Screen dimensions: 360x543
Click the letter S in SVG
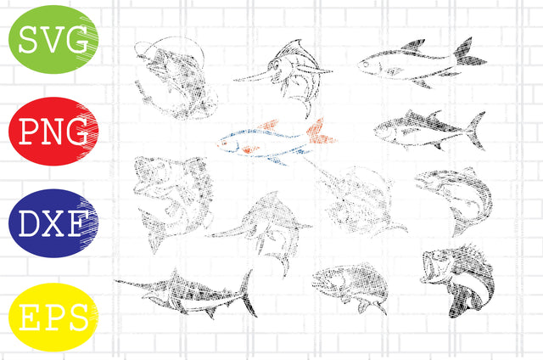pos(28,39)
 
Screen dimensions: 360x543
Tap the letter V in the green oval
pos(53,39)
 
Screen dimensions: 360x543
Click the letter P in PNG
pos(27,132)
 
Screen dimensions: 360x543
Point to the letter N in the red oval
pos(53,132)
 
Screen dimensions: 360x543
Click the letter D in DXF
pos(27,225)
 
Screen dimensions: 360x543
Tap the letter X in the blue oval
pos(53,225)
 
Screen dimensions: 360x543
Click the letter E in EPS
pos(27,319)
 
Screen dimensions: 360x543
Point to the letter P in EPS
pos(53,319)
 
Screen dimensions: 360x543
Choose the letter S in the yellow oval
pos(77,319)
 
